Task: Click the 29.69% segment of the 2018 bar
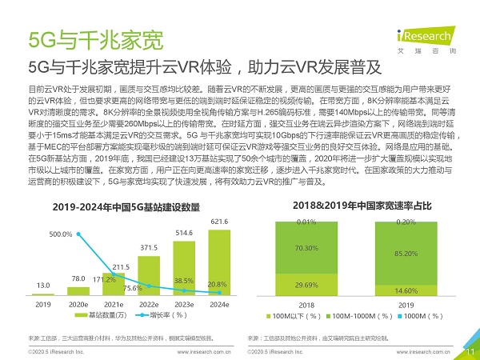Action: (x=306, y=284)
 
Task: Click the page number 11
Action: (x=468, y=350)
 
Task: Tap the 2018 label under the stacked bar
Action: (x=306, y=304)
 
